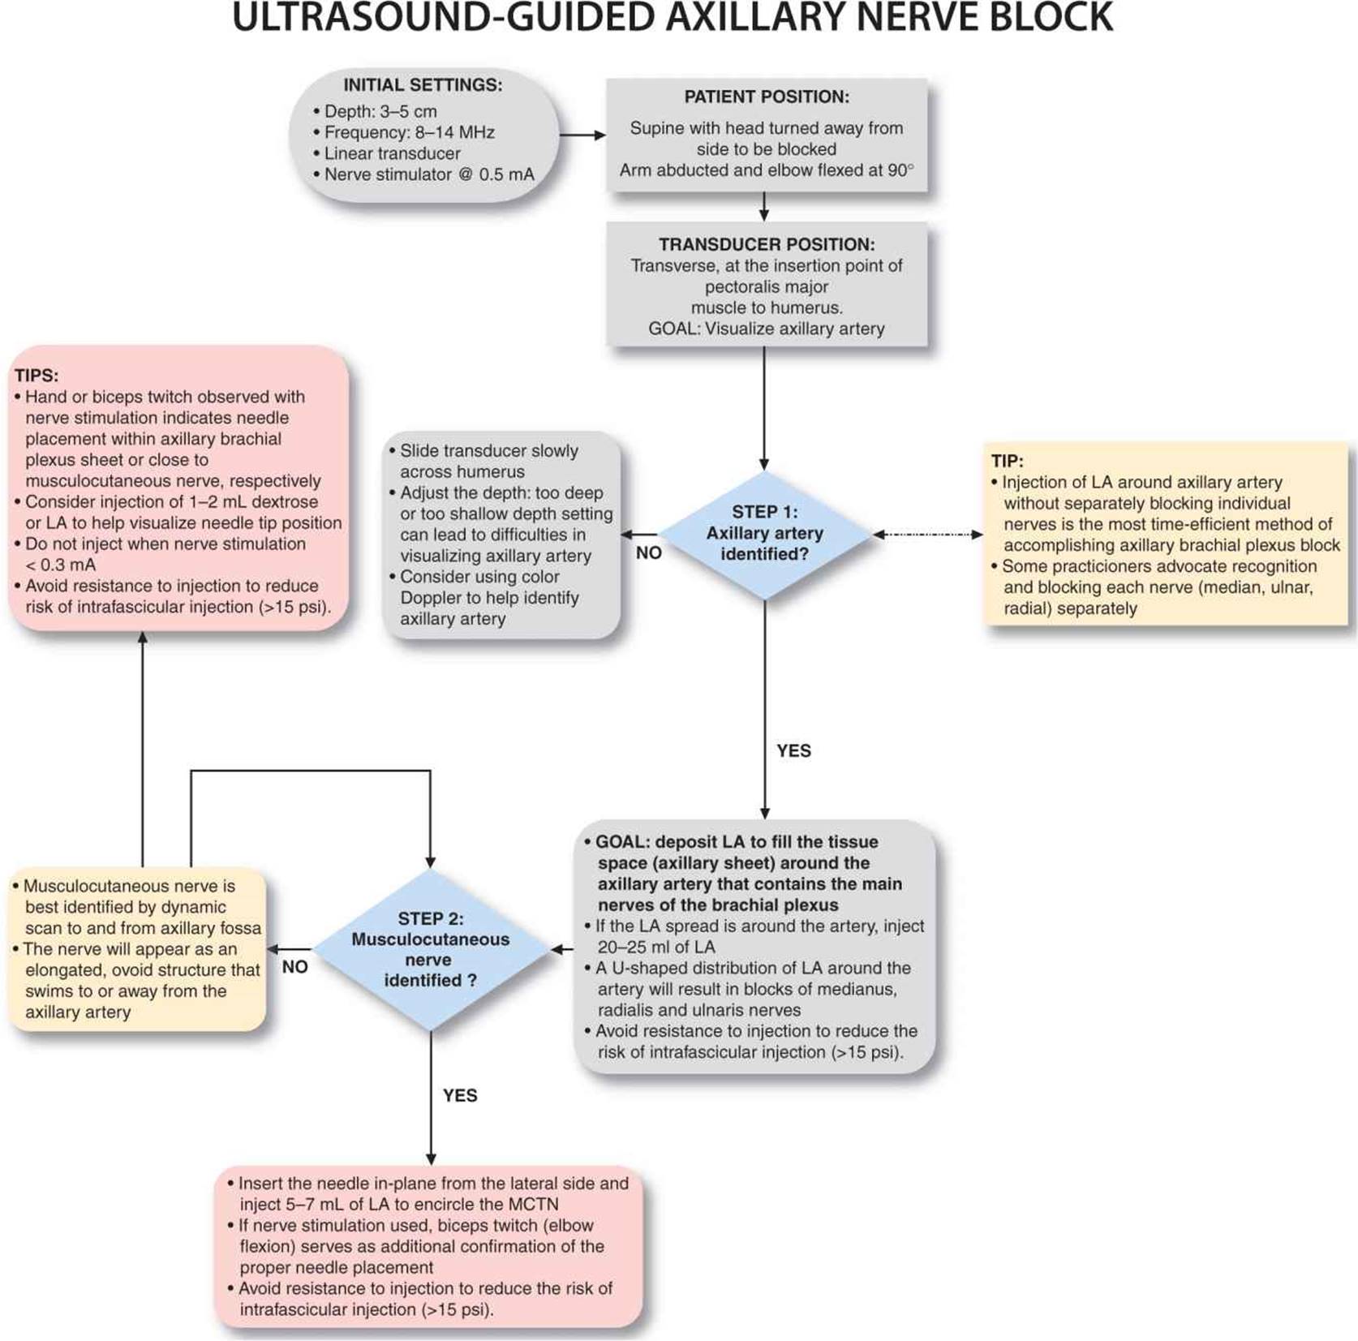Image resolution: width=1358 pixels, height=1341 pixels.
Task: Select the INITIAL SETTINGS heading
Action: [423, 85]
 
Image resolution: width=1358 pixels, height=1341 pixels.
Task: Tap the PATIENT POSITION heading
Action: [767, 97]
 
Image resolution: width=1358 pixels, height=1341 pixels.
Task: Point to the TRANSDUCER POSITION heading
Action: [767, 244]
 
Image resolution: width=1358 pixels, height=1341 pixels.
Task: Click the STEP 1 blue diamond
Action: [764, 534]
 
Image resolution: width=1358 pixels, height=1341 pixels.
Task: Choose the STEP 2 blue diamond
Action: [430, 949]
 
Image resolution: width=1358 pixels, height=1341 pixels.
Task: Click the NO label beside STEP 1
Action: [649, 553]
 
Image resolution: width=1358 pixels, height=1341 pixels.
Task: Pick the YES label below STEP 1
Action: [793, 751]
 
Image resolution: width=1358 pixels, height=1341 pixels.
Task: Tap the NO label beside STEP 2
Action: [295, 967]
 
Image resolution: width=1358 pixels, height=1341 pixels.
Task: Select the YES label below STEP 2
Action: [460, 1096]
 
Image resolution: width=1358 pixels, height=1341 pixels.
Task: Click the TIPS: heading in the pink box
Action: [37, 376]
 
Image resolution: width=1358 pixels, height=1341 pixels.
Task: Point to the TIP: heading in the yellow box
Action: [1008, 461]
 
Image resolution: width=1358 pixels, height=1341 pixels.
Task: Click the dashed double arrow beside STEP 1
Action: [928, 535]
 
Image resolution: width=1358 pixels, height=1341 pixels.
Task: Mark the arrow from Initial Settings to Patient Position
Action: [582, 135]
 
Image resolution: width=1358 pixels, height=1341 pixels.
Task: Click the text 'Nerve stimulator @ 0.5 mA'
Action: [428, 174]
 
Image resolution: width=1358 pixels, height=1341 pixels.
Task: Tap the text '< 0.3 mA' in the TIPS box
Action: [61, 565]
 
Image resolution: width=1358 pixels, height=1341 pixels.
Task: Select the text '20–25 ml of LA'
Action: [656, 947]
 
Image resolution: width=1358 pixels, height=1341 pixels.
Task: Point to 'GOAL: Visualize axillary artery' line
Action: [767, 329]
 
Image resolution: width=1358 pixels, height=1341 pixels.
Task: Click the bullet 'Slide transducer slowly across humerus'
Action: [488, 461]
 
